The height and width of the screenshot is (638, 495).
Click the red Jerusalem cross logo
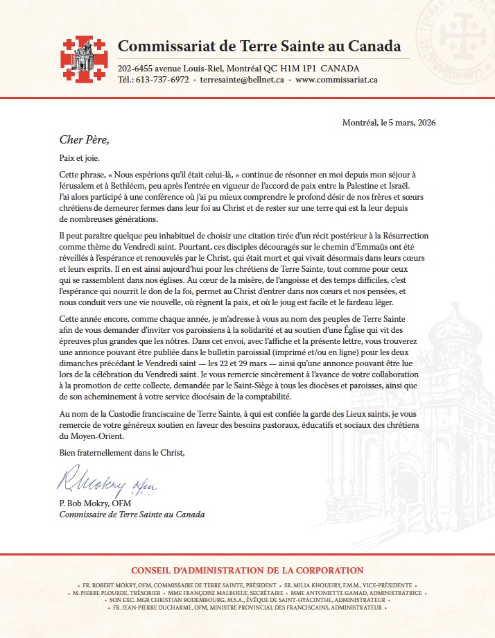click(84, 59)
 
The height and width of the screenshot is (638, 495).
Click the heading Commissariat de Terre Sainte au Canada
click(259, 46)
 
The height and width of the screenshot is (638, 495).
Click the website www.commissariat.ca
click(336, 80)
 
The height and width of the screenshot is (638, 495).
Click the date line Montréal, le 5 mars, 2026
click(389, 123)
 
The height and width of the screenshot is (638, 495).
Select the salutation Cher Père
click(85, 139)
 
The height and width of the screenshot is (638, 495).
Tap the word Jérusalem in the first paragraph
click(82, 186)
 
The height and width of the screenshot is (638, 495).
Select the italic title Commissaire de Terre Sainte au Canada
click(132, 515)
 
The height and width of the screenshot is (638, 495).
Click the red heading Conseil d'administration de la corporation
click(247, 571)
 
